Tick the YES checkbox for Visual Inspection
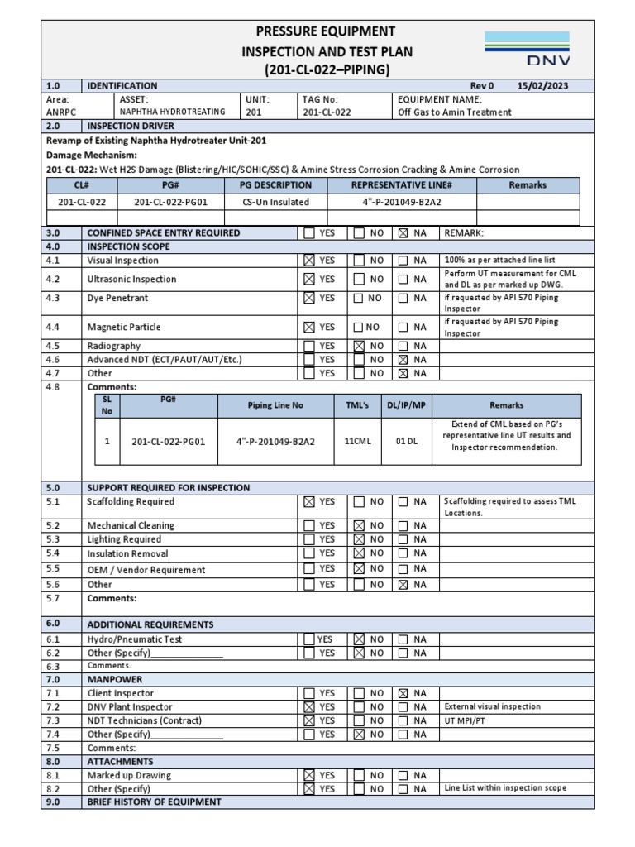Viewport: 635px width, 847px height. coord(309,260)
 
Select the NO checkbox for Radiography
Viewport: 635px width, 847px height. coord(360,346)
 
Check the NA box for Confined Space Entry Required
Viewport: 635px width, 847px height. coord(403,233)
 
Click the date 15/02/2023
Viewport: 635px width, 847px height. coord(542,86)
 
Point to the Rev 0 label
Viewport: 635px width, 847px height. coord(481,86)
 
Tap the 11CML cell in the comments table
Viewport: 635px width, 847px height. coord(358,441)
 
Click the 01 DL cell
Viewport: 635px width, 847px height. coord(407,441)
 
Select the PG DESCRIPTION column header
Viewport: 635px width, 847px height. coord(275,185)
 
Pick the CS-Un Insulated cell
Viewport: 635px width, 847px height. coord(275,202)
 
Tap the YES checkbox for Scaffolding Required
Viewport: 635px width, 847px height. coord(309,501)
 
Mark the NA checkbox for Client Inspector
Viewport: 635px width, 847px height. coord(403,693)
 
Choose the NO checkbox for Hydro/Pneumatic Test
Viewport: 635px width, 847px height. coord(360,639)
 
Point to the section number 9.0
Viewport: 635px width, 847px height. coord(54,802)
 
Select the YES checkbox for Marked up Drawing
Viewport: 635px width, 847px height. coord(309,775)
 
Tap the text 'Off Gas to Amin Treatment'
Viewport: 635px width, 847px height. coord(454,112)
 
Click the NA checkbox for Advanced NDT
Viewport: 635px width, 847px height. coord(403,360)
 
